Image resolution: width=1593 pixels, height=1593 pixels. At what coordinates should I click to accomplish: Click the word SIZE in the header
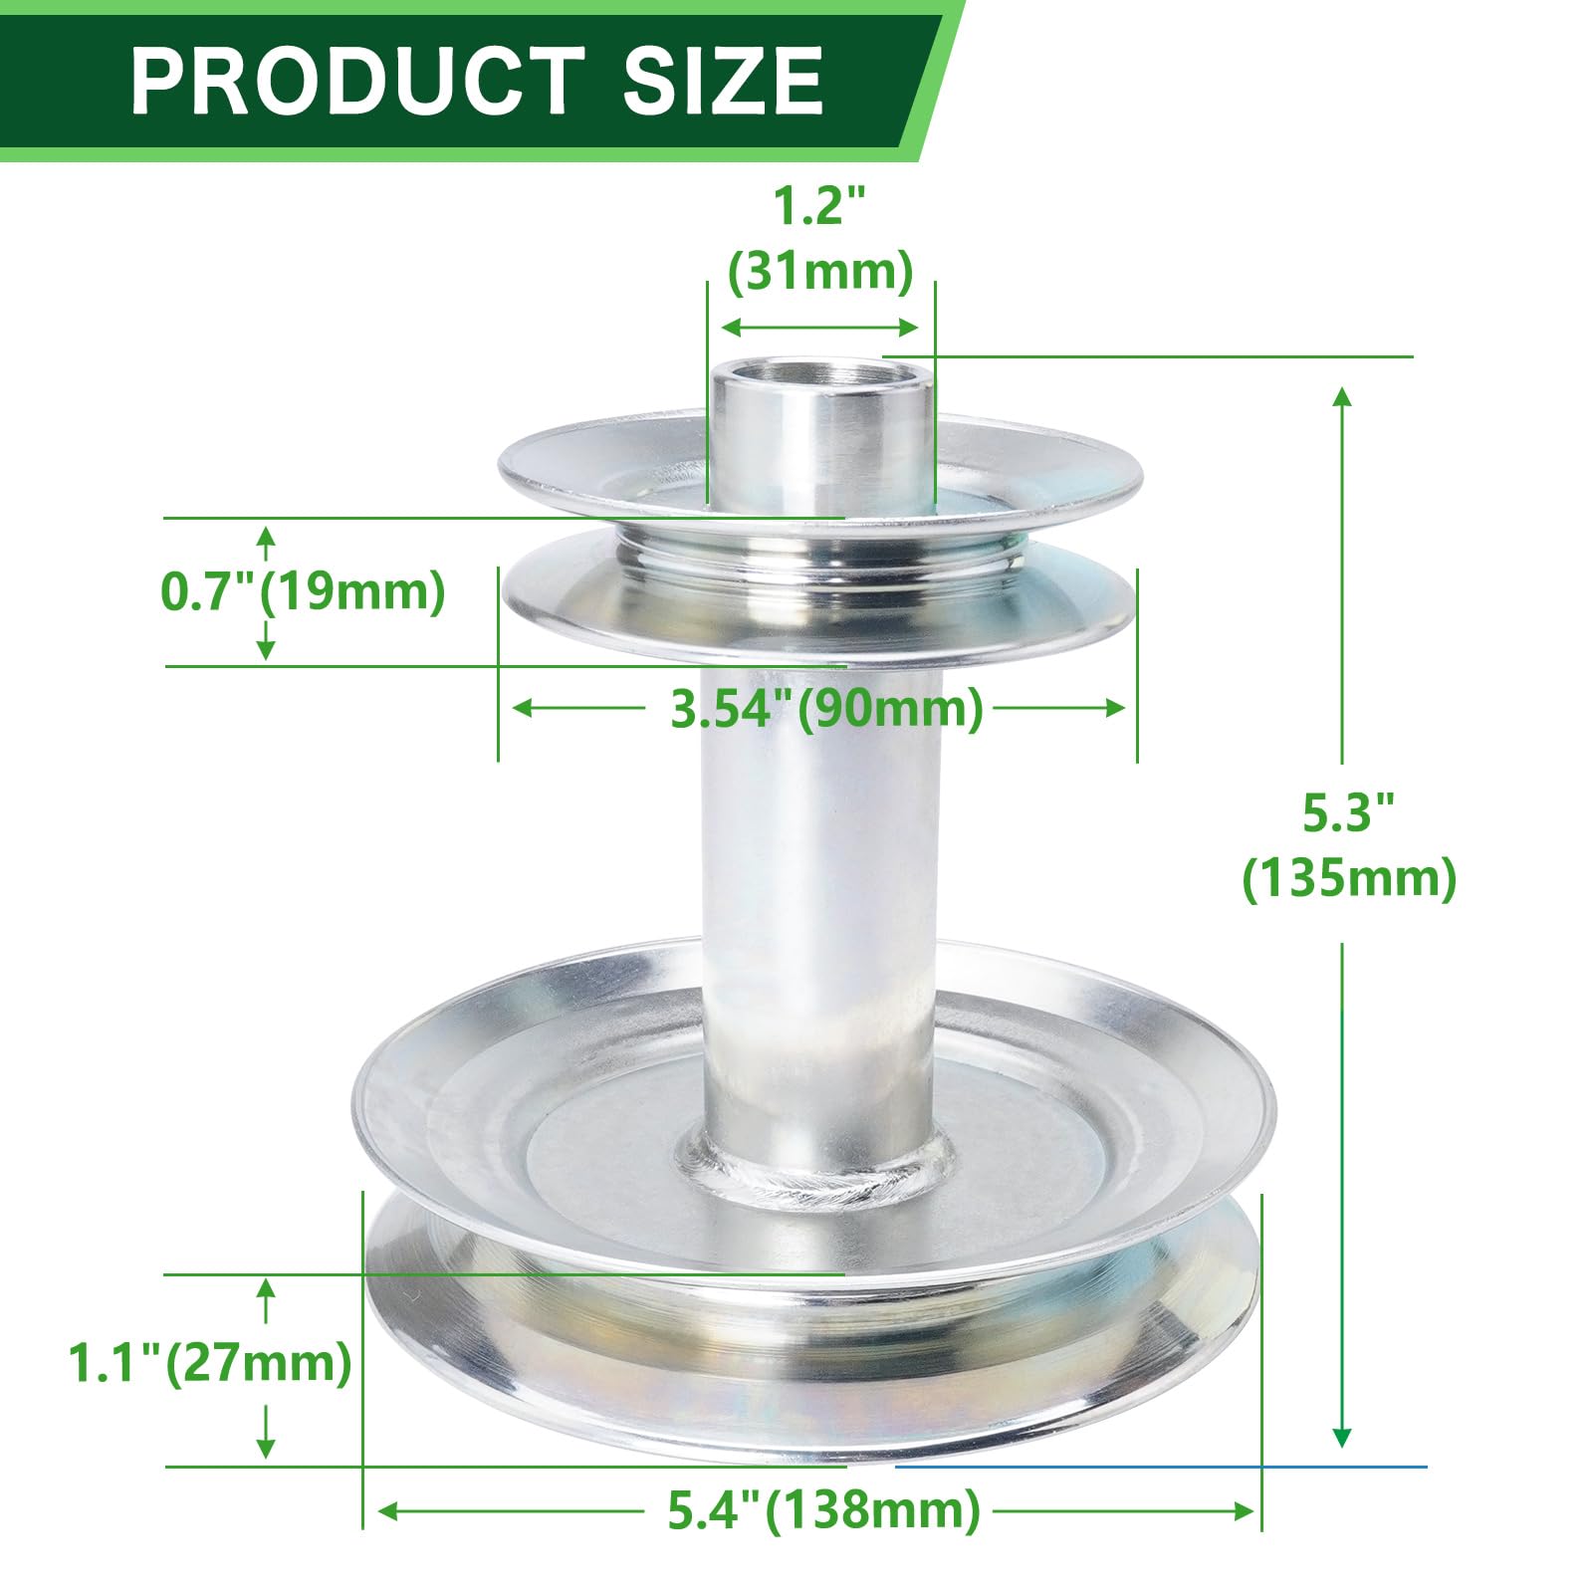[x=723, y=82]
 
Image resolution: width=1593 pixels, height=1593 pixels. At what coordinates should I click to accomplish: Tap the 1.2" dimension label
[x=820, y=206]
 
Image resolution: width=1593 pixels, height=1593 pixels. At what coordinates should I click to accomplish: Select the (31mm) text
[x=820, y=271]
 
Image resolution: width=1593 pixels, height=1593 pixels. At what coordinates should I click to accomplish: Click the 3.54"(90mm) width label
[x=826, y=708]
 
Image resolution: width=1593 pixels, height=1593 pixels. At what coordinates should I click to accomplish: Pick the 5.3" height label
[x=1349, y=813]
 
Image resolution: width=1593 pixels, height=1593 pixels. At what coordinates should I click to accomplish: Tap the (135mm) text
[x=1349, y=878]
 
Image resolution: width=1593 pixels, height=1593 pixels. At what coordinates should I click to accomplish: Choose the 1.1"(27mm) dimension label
[x=210, y=1362]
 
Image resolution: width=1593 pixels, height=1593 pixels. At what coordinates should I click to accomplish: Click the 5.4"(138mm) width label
[x=824, y=1510]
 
